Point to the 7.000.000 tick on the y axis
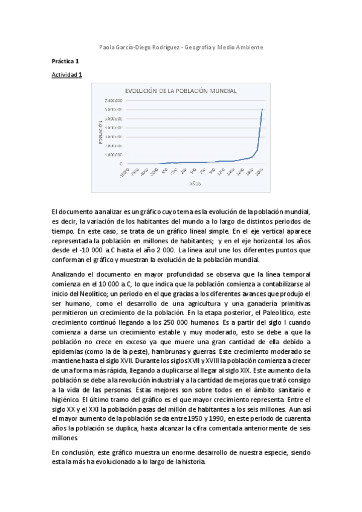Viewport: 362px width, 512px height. (113, 100)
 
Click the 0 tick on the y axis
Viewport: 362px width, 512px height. (120, 164)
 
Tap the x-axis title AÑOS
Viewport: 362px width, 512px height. (194, 182)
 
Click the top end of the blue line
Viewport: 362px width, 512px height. (262, 109)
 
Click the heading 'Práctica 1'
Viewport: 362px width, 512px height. (65, 61)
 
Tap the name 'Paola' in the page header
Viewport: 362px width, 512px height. (106, 47)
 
